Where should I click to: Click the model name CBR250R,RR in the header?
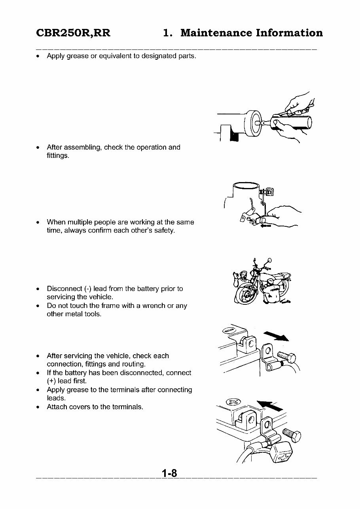(x=73, y=33)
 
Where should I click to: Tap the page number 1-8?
(x=169, y=473)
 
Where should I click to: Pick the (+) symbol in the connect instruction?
(x=51, y=381)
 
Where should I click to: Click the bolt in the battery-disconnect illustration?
(x=288, y=358)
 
